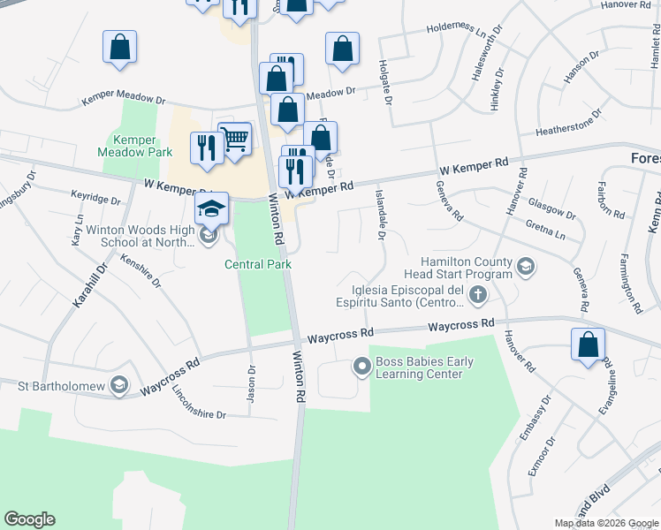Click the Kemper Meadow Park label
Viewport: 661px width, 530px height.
tap(134, 146)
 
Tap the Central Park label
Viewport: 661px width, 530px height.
tap(258, 264)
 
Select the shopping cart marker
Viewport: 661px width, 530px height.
tap(235, 139)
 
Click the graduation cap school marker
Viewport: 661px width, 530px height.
tap(212, 209)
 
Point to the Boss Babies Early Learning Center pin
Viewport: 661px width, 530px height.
tap(361, 366)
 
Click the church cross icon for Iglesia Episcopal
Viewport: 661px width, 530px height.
tap(477, 294)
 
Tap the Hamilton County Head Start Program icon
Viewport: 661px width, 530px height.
tap(526, 266)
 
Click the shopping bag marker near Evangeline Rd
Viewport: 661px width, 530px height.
tap(589, 345)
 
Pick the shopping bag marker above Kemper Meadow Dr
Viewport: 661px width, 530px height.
tap(119, 48)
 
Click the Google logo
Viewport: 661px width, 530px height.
tap(29, 519)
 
